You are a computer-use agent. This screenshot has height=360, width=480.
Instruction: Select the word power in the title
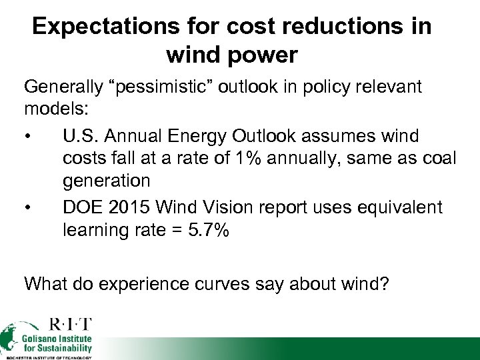(266, 55)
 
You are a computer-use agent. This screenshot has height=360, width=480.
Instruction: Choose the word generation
(107, 181)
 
